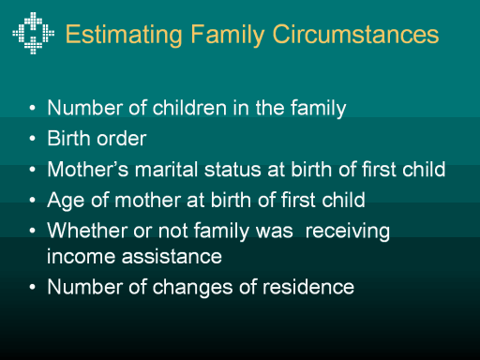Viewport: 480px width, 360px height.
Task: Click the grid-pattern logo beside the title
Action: [33, 33]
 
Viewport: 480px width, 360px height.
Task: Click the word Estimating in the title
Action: [124, 35]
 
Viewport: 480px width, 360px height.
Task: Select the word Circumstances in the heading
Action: [355, 34]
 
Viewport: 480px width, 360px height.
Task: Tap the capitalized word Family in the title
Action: [228, 35]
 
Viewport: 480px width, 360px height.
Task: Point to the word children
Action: [189, 108]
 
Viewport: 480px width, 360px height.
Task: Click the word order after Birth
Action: [121, 138]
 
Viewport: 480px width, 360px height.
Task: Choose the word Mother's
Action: [88, 169]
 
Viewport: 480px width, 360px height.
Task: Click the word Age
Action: [66, 201]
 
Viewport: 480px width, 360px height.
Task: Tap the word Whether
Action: [87, 231]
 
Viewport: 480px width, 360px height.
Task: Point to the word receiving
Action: [348, 232]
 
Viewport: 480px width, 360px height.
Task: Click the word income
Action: [81, 256]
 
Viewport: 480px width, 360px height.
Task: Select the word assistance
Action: [172, 256]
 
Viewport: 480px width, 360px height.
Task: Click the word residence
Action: [308, 287]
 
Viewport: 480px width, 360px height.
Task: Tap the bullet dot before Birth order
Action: [33, 139]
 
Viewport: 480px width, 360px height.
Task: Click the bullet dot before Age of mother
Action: [33, 200]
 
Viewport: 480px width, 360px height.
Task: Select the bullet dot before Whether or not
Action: [33, 231]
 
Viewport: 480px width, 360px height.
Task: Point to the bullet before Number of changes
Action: [33, 287]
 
